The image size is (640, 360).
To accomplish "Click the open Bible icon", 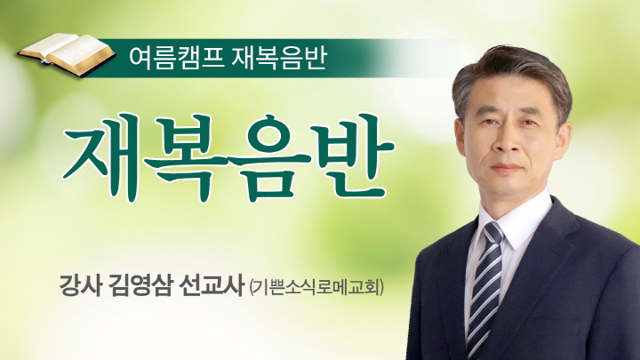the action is click(x=67, y=54).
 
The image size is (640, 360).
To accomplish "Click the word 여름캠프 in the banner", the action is click(x=176, y=58).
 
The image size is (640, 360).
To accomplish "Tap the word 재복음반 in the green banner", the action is click(x=279, y=58).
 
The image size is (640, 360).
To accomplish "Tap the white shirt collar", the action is click(x=515, y=220).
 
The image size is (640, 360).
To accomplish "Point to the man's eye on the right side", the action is click(x=526, y=122).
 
